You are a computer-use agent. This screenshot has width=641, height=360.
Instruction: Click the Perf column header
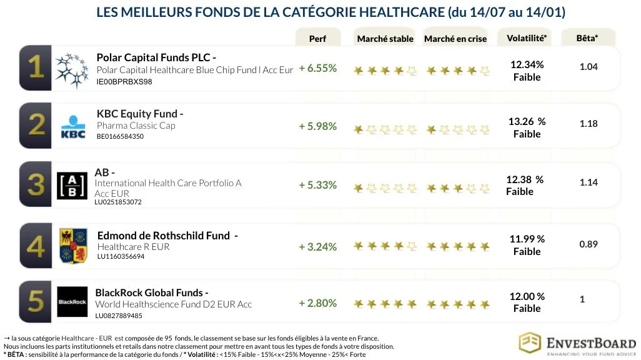tap(317, 39)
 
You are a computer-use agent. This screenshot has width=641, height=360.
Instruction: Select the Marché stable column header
tap(385, 39)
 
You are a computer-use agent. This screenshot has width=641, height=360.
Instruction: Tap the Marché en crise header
tap(455, 39)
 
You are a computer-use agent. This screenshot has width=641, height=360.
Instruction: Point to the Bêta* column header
tap(587, 38)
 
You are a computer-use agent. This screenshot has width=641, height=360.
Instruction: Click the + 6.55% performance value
tap(318, 68)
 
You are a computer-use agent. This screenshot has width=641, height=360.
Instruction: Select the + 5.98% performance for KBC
tap(318, 126)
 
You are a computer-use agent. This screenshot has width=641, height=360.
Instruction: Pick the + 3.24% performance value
tap(318, 247)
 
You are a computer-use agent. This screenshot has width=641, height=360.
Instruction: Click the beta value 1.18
tap(589, 124)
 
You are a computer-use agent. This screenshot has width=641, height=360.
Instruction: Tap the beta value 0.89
tap(589, 244)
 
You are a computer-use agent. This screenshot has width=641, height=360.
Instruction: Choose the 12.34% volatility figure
tap(527, 64)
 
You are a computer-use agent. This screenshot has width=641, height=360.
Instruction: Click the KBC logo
tap(72, 126)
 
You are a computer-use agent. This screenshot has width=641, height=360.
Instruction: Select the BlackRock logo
tap(72, 302)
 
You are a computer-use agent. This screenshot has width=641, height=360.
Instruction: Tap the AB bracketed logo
tap(72, 186)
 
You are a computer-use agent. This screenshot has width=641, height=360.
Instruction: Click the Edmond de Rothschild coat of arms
tap(72, 246)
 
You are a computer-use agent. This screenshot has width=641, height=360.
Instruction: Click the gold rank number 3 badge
tap(36, 185)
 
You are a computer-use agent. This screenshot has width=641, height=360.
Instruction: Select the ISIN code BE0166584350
tap(120, 136)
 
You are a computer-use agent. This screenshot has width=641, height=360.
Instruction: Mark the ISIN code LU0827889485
tap(119, 316)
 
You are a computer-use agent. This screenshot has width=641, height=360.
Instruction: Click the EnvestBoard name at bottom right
tap(590, 343)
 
